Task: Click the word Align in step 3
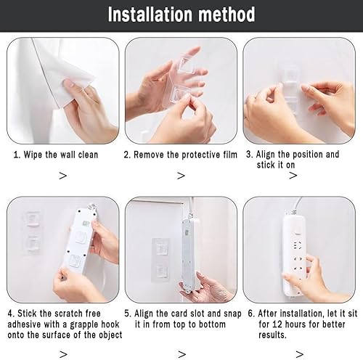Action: tap(269, 155)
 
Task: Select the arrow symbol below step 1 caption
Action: tap(62, 175)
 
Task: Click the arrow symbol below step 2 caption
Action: tap(181, 175)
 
